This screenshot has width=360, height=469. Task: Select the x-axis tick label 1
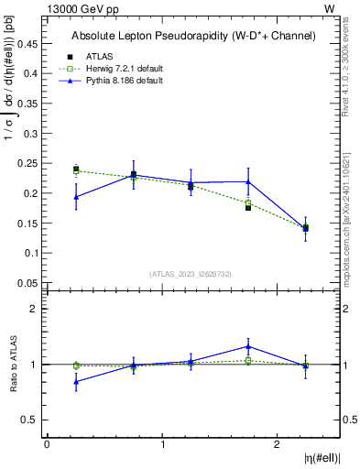tap(162, 444)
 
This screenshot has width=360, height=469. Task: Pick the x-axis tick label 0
tap(47, 444)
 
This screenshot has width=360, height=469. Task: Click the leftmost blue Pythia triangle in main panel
tap(76, 197)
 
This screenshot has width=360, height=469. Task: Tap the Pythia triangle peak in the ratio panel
tap(248, 346)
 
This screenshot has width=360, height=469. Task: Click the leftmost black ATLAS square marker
tap(76, 169)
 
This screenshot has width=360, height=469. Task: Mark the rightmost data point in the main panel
tap(305, 227)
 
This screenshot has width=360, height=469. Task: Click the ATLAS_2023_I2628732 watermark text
tap(191, 273)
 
